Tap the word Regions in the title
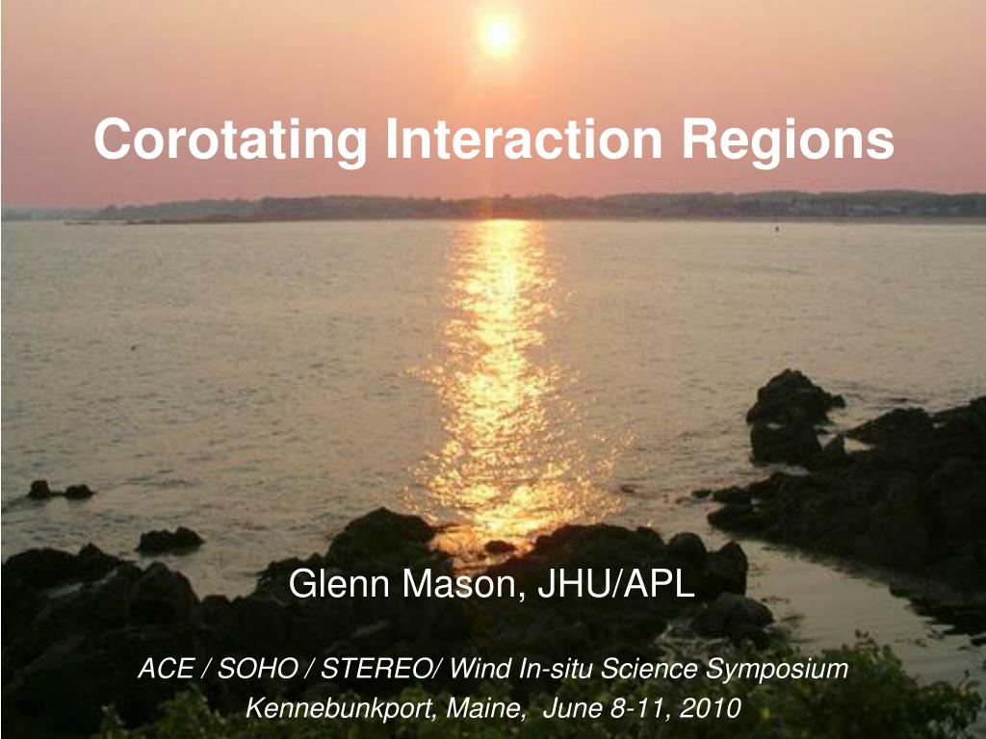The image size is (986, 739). pyautogui.click(x=789, y=141)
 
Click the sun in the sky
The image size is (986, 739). pyautogui.click(x=498, y=36)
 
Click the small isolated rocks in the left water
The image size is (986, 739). pyautogui.click(x=61, y=491)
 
